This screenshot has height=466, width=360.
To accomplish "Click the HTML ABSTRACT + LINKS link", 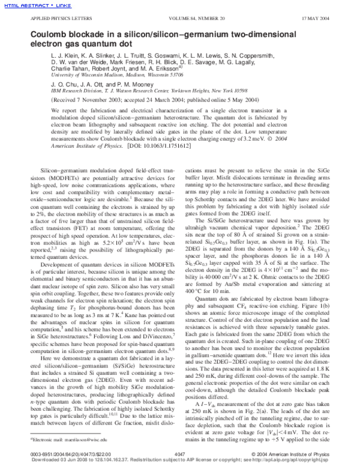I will coord(26,5).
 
